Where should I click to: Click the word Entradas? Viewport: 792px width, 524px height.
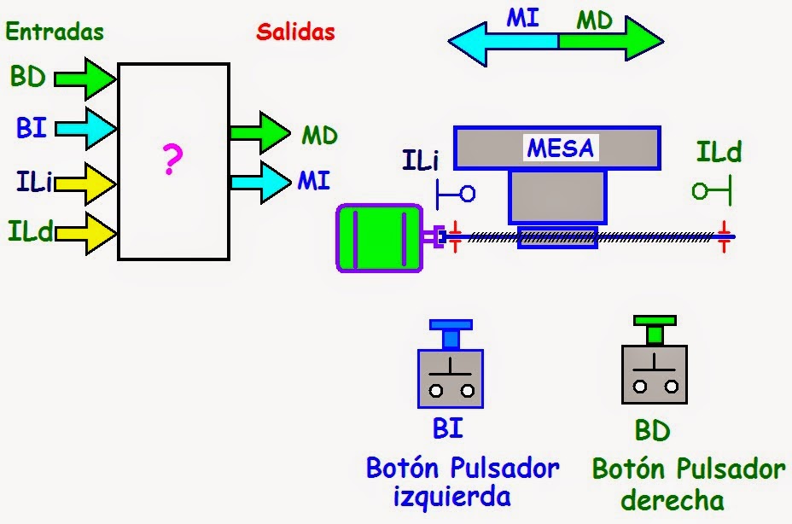pyautogui.click(x=54, y=32)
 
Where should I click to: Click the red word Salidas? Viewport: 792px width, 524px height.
pyautogui.click(x=295, y=32)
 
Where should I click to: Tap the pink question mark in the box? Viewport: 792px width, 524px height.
pyautogui.click(x=172, y=160)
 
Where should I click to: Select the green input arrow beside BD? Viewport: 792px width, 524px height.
pyautogui.click(x=86, y=79)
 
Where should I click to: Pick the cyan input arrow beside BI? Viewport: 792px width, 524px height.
pyautogui.click(x=86, y=130)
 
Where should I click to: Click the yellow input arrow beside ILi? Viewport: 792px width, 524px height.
pyautogui.click(x=86, y=181)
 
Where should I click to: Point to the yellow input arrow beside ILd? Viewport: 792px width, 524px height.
pyautogui.click(x=86, y=231)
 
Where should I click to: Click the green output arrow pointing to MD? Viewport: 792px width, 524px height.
pyautogui.click(x=260, y=133)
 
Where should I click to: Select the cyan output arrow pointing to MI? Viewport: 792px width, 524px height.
pyautogui.click(x=260, y=180)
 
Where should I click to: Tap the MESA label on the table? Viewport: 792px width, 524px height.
pyautogui.click(x=560, y=148)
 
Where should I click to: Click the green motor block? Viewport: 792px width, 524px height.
pyautogui.click(x=380, y=238)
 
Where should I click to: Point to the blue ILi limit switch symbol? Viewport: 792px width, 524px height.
pyautogui.click(x=455, y=194)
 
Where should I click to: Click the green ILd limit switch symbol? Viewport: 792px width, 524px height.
pyautogui.click(x=713, y=190)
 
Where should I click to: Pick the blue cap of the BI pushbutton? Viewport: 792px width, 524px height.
pyautogui.click(x=451, y=325)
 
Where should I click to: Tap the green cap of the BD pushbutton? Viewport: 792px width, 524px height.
pyautogui.click(x=655, y=322)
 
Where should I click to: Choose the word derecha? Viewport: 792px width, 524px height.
pyautogui.click(x=673, y=499)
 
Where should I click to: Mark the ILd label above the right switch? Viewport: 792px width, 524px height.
pyautogui.click(x=719, y=153)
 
